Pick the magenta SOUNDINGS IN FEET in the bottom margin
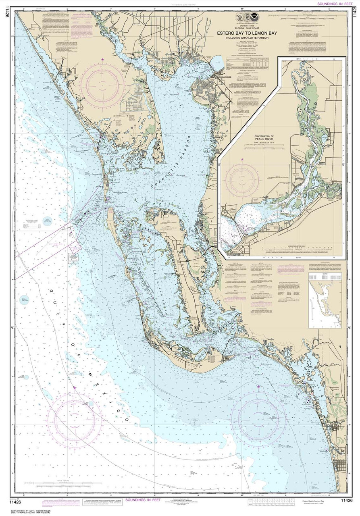[x=145, y=500]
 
